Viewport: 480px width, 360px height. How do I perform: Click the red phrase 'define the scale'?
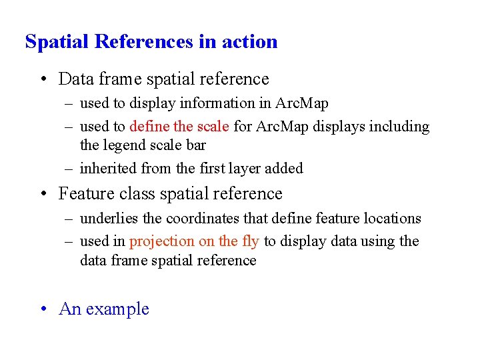pyautogui.click(x=179, y=126)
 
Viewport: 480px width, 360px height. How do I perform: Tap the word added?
pyautogui.click(x=284, y=168)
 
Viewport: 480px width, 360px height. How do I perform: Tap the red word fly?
pyautogui.click(x=251, y=241)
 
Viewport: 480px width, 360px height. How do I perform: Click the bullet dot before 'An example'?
pyautogui.click(x=43, y=309)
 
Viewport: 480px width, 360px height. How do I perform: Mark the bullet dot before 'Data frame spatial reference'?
pyautogui.click(x=43, y=79)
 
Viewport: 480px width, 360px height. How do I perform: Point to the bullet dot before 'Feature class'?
pyautogui.click(x=43, y=194)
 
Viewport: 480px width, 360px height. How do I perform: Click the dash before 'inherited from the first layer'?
pyautogui.click(x=70, y=169)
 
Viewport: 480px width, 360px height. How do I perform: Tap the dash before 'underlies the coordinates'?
pyautogui.click(x=70, y=219)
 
